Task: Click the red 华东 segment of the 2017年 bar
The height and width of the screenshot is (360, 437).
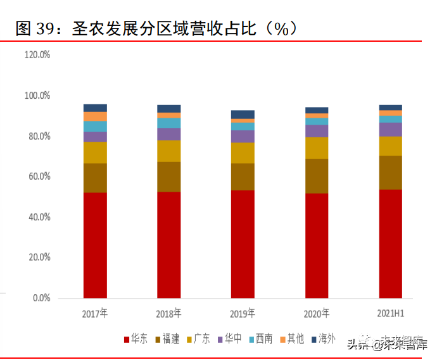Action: pyautogui.click(x=95, y=245)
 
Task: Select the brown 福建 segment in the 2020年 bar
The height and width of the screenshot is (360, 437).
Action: pyautogui.click(x=316, y=176)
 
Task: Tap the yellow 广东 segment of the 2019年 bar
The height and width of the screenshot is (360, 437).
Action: pyautogui.click(x=243, y=152)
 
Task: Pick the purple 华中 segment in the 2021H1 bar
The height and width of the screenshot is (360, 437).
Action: pyautogui.click(x=390, y=129)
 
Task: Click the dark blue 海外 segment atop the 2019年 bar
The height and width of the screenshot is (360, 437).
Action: pyautogui.click(x=243, y=115)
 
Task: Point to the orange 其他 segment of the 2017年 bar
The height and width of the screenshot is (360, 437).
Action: pyautogui.click(x=95, y=116)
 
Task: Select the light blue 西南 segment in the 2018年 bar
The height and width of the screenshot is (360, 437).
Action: pyautogui.click(x=168, y=123)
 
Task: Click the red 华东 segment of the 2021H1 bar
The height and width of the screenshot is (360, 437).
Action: pyautogui.click(x=390, y=244)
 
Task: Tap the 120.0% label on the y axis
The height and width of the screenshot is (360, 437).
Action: pyautogui.click(x=37, y=55)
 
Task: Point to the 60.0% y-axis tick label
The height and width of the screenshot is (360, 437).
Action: pyautogui.click(x=37, y=177)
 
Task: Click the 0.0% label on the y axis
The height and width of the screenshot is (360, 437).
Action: pyautogui.click(x=41, y=298)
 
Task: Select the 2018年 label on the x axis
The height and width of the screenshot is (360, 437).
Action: pyautogui.click(x=168, y=313)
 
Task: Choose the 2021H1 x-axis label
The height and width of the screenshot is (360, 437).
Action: pyautogui.click(x=390, y=313)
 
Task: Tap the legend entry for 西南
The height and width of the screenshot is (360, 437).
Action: pyautogui.click(x=260, y=339)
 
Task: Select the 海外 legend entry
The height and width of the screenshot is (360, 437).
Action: pyautogui.click(x=323, y=339)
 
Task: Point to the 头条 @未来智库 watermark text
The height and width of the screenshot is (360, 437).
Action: pyautogui.click(x=386, y=344)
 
